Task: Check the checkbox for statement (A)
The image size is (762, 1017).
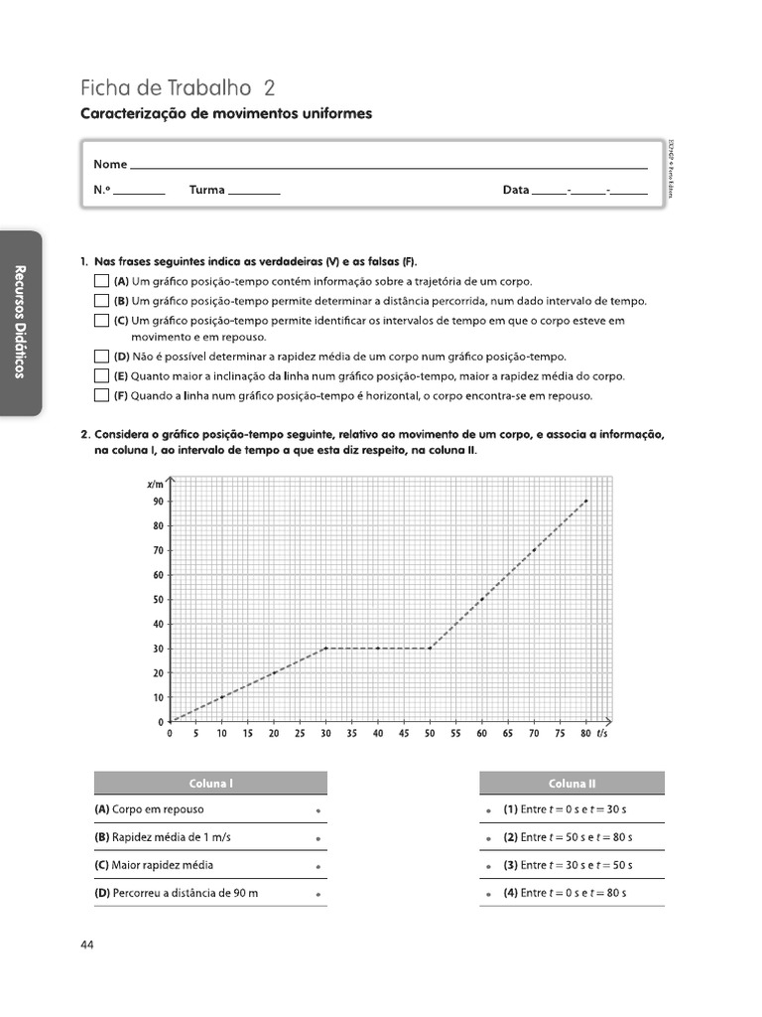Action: [x=101, y=282]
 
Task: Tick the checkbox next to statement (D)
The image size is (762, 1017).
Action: [x=101, y=357]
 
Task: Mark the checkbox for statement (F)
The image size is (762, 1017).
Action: [x=101, y=395]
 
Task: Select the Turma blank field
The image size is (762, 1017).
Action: [x=254, y=190]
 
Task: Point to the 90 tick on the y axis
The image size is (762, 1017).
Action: [x=158, y=502]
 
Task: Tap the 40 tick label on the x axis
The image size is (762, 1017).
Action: [x=378, y=734]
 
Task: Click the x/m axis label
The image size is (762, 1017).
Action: [x=155, y=484]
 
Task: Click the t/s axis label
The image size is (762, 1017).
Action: [x=601, y=734]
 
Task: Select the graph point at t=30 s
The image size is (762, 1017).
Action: [x=326, y=649]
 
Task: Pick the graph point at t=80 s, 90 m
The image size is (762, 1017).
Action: [x=586, y=502]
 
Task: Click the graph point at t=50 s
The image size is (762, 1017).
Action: [x=430, y=649]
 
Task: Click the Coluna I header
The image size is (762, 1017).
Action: [x=210, y=784]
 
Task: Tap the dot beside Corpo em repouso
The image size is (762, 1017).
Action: [x=317, y=810]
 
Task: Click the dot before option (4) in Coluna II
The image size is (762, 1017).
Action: [x=489, y=894]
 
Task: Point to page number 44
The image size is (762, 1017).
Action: [x=87, y=944]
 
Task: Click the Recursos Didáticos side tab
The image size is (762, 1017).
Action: [x=19, y=323]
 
